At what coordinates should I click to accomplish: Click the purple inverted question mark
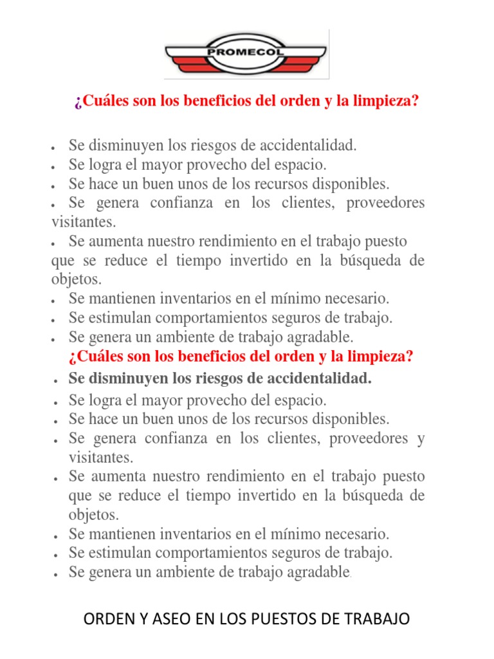[77, 102]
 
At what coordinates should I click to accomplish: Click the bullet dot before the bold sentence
[58, 381]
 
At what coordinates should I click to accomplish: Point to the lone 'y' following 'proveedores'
[421, 440]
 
